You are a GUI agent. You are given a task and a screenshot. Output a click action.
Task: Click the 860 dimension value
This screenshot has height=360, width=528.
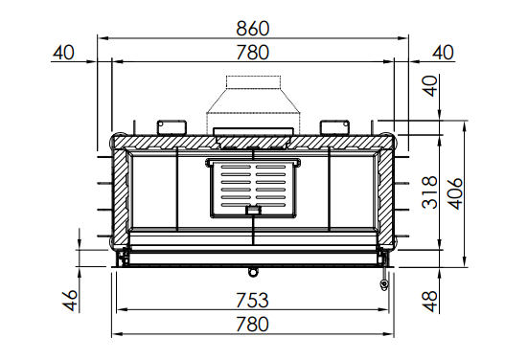click(253, 29)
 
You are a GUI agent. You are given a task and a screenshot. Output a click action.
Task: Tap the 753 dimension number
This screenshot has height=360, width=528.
click(253, 300)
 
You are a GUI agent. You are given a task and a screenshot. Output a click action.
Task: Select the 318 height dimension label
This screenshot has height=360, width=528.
click(429, 192)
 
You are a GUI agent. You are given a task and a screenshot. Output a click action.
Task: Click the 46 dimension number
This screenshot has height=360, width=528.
click(70, 300)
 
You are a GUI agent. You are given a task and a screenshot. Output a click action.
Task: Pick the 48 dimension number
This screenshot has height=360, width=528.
click(430, 302)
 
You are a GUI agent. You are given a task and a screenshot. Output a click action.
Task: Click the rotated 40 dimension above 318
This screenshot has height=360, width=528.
click(430, 86)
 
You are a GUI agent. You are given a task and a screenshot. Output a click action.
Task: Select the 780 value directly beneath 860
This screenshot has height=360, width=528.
click(253, 53)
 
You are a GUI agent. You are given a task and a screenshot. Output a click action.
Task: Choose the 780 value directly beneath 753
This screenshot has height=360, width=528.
click(253, 325)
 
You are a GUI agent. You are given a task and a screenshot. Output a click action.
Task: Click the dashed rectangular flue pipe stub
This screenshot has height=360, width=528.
click(253, 82)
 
